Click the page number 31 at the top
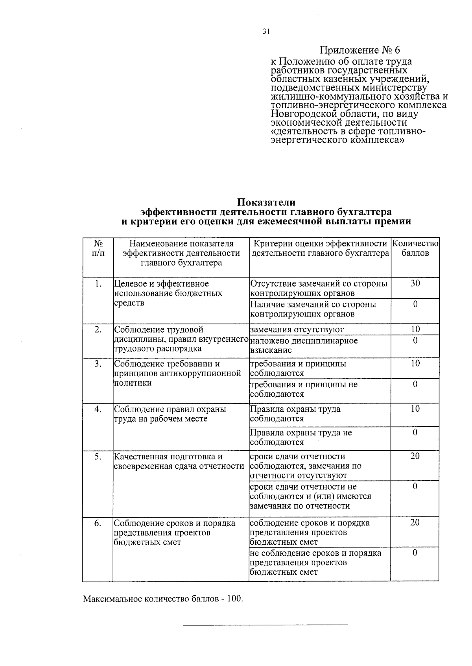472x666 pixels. click(x=266, y=32)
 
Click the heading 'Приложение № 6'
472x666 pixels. click(x=360, y=50)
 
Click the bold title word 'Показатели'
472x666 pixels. click(x=266, y=203)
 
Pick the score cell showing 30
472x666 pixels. click(x=415, y=283)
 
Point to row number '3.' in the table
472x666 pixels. click(x=98, y=364)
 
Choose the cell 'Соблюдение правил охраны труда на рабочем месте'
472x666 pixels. click(x=170, y=414)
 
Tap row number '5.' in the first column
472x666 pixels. click(x=98, y=457)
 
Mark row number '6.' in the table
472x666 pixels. click(x=98, y=524)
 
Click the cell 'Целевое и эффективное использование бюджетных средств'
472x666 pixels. click(x=168, y=293)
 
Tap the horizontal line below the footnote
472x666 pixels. click(x=266, y=624)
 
